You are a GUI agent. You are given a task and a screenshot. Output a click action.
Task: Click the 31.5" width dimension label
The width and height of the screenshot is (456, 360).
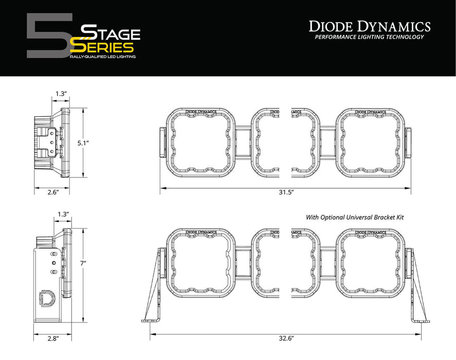(285, 192)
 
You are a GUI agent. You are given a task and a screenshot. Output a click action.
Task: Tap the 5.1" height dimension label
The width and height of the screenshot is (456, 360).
(91, 143)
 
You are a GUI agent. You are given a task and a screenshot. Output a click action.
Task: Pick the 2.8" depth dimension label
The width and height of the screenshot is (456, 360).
(52, 338)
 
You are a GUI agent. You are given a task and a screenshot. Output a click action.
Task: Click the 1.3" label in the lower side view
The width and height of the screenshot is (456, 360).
(64, 214)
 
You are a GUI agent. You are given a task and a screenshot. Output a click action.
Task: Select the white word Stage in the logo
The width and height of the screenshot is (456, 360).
(112, 34)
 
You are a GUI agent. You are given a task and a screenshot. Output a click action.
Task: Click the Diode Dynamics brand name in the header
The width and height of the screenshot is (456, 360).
(369, 26)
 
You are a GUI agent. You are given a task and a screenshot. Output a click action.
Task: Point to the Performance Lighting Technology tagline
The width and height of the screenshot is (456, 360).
(369, 37)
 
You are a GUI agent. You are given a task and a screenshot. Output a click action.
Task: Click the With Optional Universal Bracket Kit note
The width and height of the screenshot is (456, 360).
(355, 218)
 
